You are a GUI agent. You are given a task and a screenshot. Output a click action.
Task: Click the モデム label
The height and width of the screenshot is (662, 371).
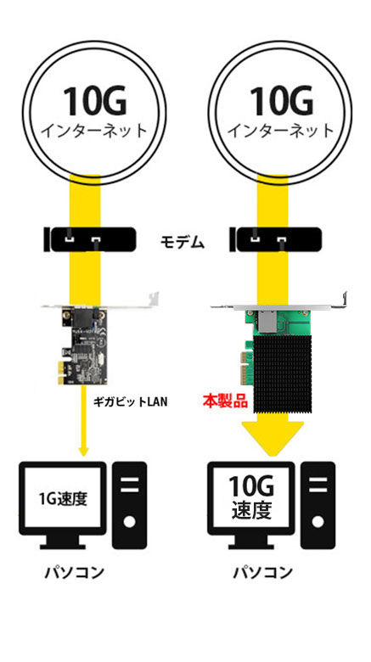[183, 244]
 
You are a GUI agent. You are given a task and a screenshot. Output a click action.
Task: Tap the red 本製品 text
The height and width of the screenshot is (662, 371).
[225, 400]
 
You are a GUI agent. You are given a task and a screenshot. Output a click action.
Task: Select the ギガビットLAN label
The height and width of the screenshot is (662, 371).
[130, 401]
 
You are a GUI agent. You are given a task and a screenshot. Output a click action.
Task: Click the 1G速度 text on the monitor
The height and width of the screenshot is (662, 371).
[63, 498]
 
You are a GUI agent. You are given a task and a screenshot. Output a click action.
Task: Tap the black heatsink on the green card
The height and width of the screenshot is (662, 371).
[281, 369]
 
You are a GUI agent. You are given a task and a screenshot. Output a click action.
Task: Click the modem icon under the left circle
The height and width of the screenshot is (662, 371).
[90, 239]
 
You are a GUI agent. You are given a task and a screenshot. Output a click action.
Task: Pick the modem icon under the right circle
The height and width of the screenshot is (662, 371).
[276, 239]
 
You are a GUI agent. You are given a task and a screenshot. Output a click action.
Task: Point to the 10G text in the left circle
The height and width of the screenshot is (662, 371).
[94, 100]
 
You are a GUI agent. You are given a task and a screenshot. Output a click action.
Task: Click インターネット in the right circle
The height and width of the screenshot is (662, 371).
[281, 131]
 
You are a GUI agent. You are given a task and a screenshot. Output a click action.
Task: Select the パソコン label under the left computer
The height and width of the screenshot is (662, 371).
[75, 573]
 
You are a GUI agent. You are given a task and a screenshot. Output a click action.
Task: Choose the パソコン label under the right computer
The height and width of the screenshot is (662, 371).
[263, 573]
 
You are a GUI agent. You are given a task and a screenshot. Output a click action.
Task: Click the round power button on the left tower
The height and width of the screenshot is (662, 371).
[130, 522]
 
